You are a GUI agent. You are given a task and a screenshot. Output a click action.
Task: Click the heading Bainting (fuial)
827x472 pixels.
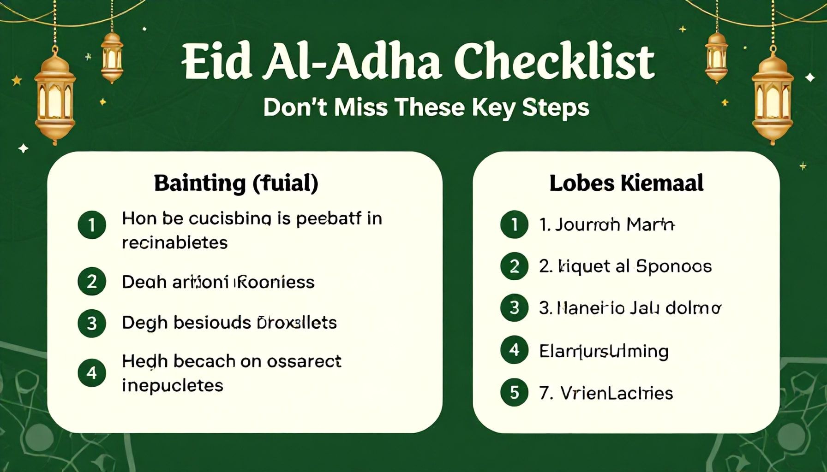tap(236, 183)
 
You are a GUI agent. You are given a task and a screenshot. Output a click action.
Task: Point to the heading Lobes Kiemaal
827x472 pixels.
tap(626, 183)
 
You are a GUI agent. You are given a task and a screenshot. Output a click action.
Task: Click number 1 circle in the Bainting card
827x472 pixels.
tap(92, 225)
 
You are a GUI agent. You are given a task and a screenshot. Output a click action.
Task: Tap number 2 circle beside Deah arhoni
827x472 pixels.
tap(92, 281)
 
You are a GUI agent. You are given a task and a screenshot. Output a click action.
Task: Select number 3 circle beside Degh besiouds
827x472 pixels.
tap(92, 323)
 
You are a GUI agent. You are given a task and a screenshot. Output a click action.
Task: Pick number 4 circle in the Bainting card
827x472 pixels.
tap(92, 372)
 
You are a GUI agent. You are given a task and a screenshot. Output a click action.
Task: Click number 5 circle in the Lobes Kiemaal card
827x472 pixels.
tap(514, 392)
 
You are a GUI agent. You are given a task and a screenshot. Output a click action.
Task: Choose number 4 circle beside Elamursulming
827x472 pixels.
tap(514, 350)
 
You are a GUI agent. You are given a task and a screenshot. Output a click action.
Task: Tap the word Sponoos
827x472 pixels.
tap(673, 266)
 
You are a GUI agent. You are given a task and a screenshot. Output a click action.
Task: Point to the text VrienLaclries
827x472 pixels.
tap(617, 393)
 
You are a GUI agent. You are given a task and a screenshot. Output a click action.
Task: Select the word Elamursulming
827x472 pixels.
tap(604, 351)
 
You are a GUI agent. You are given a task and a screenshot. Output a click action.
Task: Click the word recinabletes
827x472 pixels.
tap(174, 242)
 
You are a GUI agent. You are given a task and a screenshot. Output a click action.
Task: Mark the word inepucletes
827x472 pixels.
tap(172, 385)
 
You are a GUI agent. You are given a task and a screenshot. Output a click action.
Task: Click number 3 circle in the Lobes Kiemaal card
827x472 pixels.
tap(514, 308)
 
